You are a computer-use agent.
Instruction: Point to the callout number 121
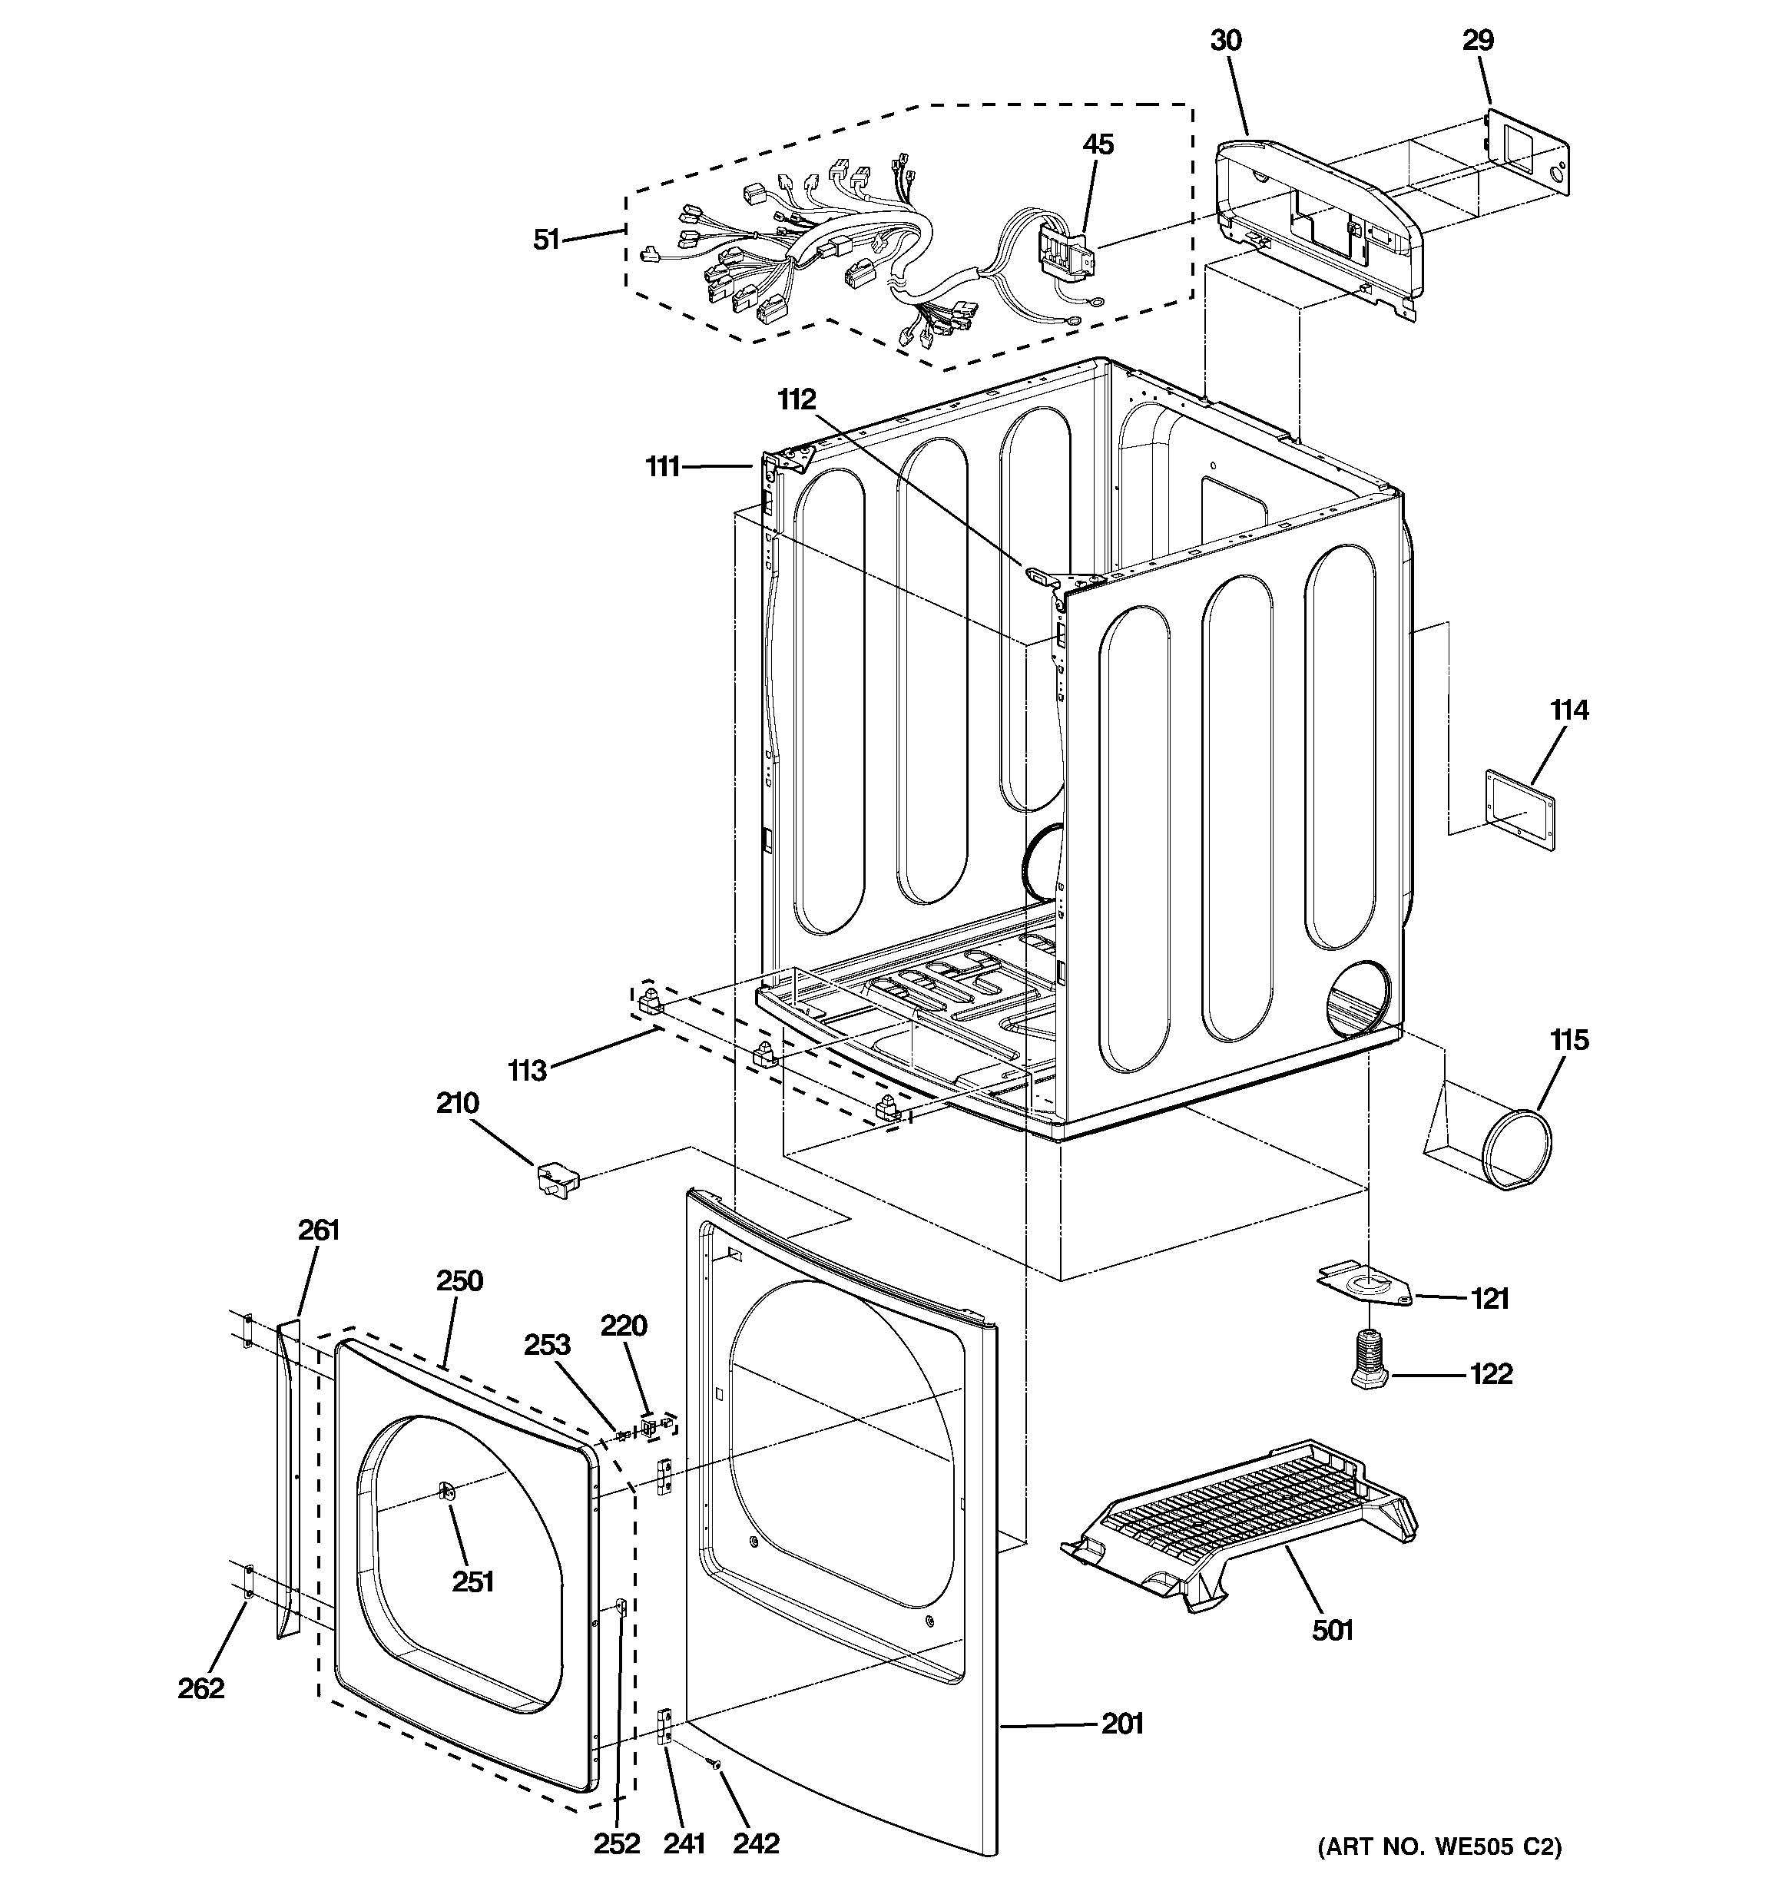point(1489,1299)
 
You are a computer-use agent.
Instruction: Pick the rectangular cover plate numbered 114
point(1519,810)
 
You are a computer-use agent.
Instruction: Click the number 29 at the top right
point(1478,40)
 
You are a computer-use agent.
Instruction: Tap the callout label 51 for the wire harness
point(546,239)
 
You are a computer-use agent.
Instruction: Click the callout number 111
point(663,467)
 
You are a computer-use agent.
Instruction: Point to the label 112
point(797,399)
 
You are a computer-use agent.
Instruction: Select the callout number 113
point(527,1070)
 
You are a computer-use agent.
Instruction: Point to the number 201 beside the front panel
point(1122,1724)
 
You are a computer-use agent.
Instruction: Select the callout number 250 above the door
point(460,1280)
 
